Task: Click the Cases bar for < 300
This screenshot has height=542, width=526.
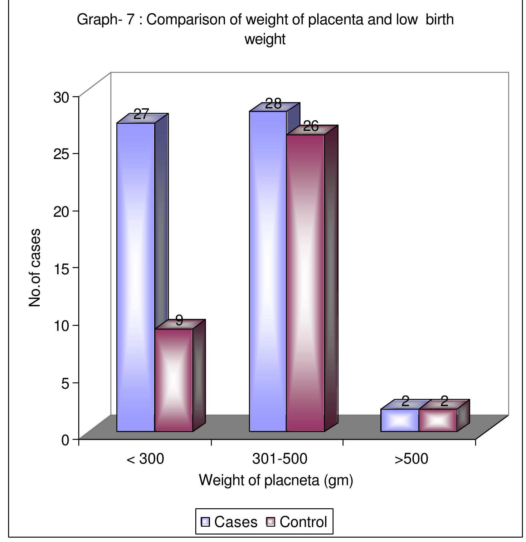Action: pos(135,277)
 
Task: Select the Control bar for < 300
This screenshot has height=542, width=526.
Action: pos(173,380)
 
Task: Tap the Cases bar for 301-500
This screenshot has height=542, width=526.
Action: pos(267,271)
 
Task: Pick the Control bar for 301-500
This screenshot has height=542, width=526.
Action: pos(305,283)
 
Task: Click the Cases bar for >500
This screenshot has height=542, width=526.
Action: pos(399,420)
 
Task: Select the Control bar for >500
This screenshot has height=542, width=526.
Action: pos(437,420)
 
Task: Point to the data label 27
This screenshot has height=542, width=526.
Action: pos(141,114)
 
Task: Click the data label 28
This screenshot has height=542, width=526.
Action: pos(273,104)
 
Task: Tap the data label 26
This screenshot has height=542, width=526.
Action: pos(311,127)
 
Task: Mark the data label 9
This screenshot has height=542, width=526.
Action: pos(179,320)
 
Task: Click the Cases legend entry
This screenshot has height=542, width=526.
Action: pos(229,522)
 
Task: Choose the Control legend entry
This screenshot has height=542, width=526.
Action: pos(296,522)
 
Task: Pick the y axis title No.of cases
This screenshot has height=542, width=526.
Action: pos(35,268)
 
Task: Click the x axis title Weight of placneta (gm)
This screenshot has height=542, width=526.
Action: pos(276,480)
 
